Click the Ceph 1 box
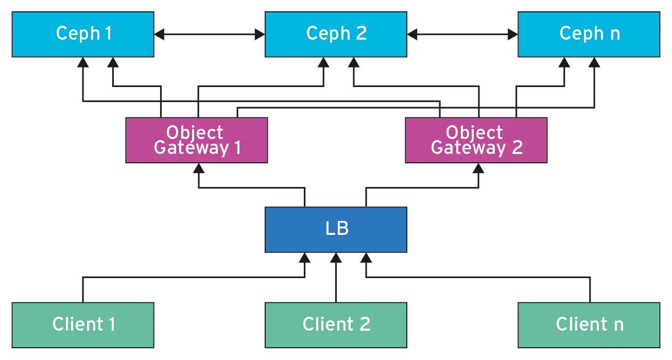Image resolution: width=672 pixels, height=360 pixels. tap(83, 34)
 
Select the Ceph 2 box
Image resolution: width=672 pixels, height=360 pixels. tap(336, 34)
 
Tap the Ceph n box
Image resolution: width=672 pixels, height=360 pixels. tap(589, 34)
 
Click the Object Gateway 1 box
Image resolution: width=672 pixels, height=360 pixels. tap(196, 140)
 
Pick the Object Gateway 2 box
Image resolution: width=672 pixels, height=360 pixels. tap(476, 140)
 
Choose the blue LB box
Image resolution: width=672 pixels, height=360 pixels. tap(336, 229)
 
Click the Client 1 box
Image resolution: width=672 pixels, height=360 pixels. tap(83, 324)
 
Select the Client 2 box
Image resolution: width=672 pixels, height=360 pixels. tap(336, 324)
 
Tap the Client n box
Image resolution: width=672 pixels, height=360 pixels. tap(589, 324)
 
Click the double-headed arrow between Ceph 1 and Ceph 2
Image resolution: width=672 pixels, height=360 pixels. tap(209, 35)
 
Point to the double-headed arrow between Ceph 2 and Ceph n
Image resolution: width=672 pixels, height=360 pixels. tap(462, 35)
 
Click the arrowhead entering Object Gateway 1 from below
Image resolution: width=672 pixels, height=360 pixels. tap(199, 168)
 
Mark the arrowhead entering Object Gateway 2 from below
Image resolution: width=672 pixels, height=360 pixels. tap(479, 168)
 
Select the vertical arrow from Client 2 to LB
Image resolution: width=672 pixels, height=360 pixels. tap(336, 278)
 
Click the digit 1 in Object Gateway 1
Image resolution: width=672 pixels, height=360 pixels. tap(237, 148)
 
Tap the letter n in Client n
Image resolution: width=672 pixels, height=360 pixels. tap(618, 325)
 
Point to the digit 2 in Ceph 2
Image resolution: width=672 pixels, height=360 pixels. tap(361, 34)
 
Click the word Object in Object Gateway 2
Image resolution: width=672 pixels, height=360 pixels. tap(474, 132)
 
